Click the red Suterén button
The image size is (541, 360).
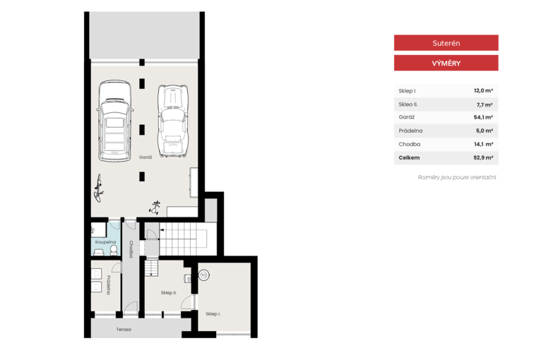click(446, 43)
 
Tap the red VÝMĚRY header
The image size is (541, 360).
click(446, 63)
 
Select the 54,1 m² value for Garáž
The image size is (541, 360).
click(483, 117)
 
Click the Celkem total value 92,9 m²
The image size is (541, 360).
click(483, 157)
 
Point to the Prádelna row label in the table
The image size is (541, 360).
click(410, 131)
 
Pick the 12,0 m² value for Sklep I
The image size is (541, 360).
click(483, 90)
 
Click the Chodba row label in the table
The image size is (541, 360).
click(410, 144)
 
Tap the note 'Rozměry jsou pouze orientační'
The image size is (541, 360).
click(457, 177)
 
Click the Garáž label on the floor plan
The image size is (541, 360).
click(145, 157)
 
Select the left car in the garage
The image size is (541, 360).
click(115, 121)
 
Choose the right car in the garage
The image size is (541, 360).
click(173, 121)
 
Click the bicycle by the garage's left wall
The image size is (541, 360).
click(99, 188)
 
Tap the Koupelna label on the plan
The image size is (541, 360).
click(105, 242)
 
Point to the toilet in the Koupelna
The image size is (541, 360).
click(114, 250)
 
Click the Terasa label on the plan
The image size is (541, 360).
click(124, 330)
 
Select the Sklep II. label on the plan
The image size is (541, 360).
click(169, 293)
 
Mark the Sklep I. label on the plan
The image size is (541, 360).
click(213, 314)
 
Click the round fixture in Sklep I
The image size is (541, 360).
click(203, 275)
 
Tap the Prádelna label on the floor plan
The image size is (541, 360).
click(108, 285)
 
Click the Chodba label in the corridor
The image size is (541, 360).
click(131, 249)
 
